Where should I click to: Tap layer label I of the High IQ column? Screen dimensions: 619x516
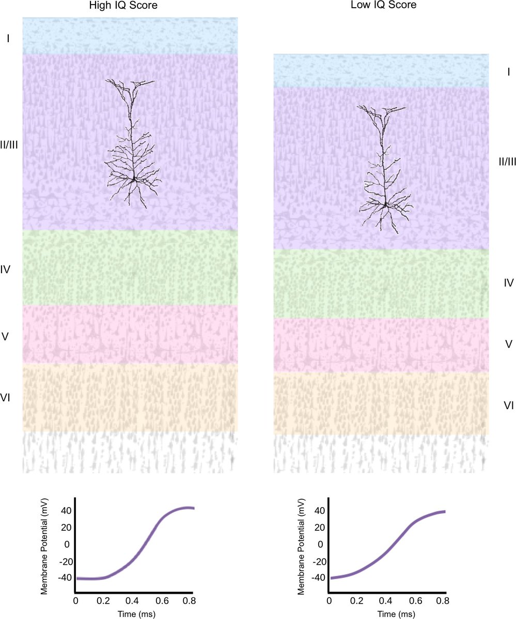click(x=8, y=38)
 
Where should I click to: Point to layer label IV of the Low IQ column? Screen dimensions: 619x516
click(x=508, y=282)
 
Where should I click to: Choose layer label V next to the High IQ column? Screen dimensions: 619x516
click(x=6, y=337)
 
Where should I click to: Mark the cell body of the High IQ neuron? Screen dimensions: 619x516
click(x=134, y=178)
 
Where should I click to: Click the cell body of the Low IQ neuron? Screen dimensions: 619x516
click(x=385, y=204)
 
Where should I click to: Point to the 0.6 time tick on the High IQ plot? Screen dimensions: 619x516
click(x=164, y=601)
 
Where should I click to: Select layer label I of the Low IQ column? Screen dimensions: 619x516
click(x=509, y=72)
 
